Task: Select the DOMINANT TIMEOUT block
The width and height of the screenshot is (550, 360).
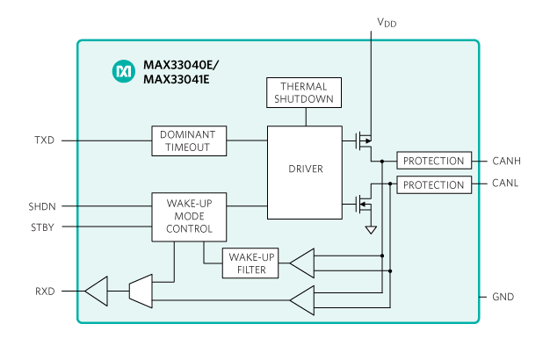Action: pos(189,140)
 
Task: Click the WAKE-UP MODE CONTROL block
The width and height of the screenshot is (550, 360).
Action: pos(189,217)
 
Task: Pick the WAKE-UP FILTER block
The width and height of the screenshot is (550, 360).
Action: pos(251,263)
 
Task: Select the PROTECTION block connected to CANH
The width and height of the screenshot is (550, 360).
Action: pos(434,161)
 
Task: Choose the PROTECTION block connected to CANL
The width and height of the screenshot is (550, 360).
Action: pos(434,184)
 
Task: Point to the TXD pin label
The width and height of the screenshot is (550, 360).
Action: pos(44,140)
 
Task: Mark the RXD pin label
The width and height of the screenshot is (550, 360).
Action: pos(44,291)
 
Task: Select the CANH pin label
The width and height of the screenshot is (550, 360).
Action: pos(507,161)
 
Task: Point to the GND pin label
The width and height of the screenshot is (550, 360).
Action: pos(503,297)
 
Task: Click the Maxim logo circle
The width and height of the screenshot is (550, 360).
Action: pos(122,69)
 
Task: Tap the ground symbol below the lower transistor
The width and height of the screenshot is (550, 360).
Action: pos(370,230)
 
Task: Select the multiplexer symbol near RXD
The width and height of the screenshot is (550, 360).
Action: pos(141,291)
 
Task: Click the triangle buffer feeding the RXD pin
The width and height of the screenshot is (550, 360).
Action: pos(96,291)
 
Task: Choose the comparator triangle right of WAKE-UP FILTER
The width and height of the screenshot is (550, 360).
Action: pos(301,263)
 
